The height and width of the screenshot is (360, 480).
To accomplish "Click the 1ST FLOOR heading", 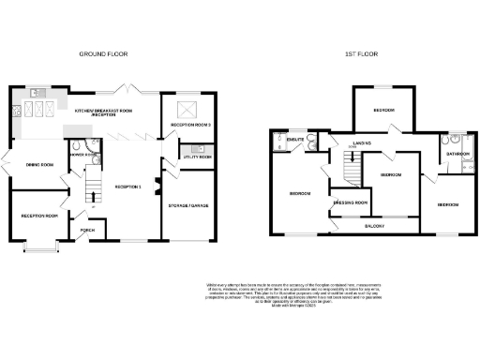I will tap(360, 55).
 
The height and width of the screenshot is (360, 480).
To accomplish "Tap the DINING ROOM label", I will tap(38, 165).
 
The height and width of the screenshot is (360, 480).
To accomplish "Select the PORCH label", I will tap(87, 230).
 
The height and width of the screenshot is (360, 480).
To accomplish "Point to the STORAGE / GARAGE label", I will tap(188, 204).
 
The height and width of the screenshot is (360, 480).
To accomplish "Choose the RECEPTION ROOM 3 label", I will tap(188, 125).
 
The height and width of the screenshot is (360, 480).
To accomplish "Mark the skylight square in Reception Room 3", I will tap(187, 108).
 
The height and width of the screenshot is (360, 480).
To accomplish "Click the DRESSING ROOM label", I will tap(350, 202).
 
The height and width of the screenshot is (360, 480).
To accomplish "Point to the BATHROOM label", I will tap(457, 153).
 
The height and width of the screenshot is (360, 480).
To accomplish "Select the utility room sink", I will tap(197, 150).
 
